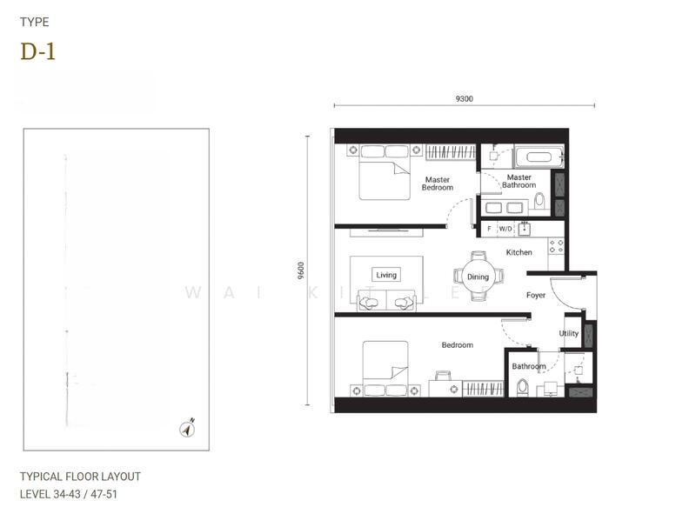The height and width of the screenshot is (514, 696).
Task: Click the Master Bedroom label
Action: click(x=438, y=184)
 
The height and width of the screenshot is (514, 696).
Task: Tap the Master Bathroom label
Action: click(x=519, y=181)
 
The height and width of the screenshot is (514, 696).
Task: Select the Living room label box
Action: click(x=386, y=275)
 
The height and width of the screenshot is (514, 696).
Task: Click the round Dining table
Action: click(x=478, y=277)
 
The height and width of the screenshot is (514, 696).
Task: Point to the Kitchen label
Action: click(x=519, y=252)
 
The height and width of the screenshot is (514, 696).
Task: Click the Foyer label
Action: click(x=536, y=296)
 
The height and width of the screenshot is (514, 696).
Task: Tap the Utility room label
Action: click(x=568, y=334)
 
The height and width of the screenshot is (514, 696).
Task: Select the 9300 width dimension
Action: click(x=464, y=98)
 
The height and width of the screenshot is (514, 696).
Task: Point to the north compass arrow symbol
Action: click(x=186, y=428)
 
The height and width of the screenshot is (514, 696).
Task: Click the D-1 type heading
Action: click(x=37, y=51)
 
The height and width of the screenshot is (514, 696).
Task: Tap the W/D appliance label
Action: click(x=505, y=229)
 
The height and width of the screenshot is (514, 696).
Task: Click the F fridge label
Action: click(x=489, y=229)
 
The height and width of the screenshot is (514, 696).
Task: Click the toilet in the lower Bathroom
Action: click(x=522, y=387)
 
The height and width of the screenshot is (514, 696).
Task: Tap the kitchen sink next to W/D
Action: click(x=525, y=229)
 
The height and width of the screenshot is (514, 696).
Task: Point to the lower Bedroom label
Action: click(x=457, y=345)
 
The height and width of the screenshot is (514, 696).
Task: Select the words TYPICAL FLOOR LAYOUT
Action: click(x=80, y=477)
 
